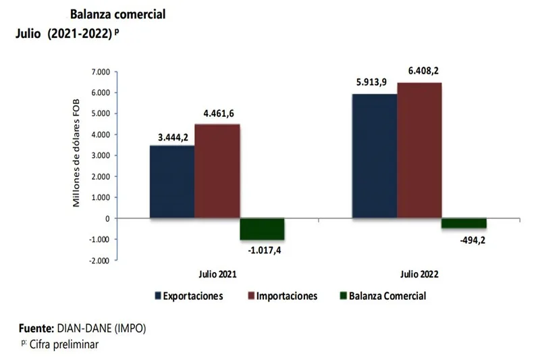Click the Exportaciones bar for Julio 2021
tap(172, 182)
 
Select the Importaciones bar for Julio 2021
tap(217, 171)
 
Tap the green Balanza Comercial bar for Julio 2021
tap(262, 229)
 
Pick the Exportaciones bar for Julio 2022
tap(375, 156)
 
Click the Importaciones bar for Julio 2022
tap(419, 151)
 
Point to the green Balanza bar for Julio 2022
tap(464, 223)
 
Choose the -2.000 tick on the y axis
tap(99, 260)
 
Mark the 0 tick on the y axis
tap(106, 218)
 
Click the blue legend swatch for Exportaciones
tap(157, 296)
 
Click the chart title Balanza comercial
tap(117, 14)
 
